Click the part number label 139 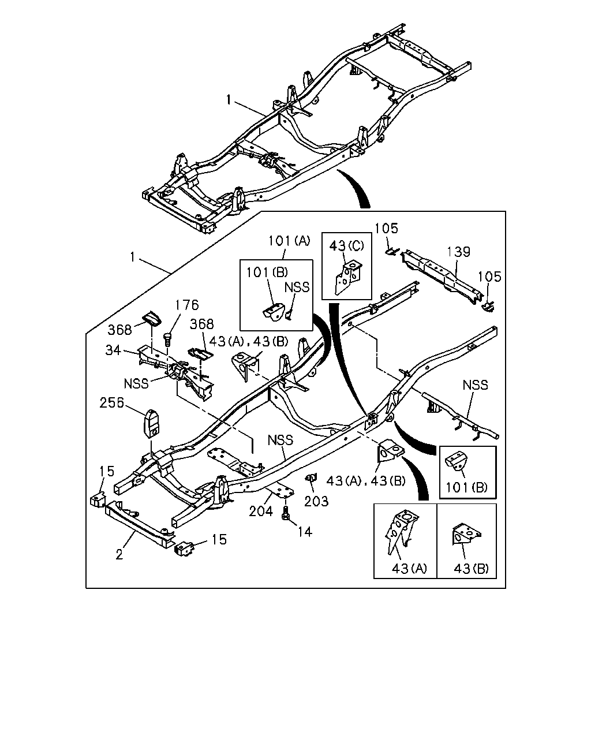[x=458, y=252]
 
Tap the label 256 [x=111, y=403]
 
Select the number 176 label [x=187, y=305]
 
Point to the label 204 [x=261, y=512]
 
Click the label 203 [x=316, y=501]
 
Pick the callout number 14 [x=305, y=532]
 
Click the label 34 [x=113, y=350]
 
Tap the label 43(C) [x=346, y=245]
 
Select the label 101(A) [x=289, y=241]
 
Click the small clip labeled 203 [x=311, y=477]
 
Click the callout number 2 [x=119, y=554]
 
